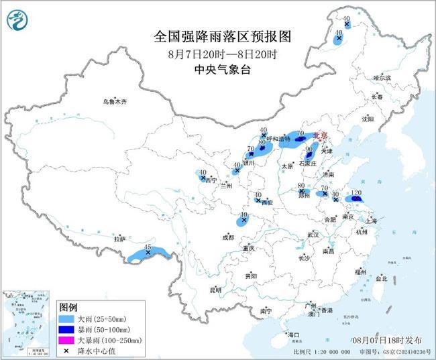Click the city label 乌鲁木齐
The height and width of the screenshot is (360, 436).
[114, 101]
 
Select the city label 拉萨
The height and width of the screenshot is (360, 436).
[119, 238]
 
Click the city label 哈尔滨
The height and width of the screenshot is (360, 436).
[382, 78]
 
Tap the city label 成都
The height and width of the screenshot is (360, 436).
[229, 237]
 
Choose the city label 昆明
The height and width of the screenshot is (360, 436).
[215, 290]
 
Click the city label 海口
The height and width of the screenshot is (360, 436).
[293, 334]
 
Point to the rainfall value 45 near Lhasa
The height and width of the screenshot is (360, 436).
[148, 247]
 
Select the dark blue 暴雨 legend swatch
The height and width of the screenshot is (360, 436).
[66, 330]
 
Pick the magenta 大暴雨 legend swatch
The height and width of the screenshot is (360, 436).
[66, 341]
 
